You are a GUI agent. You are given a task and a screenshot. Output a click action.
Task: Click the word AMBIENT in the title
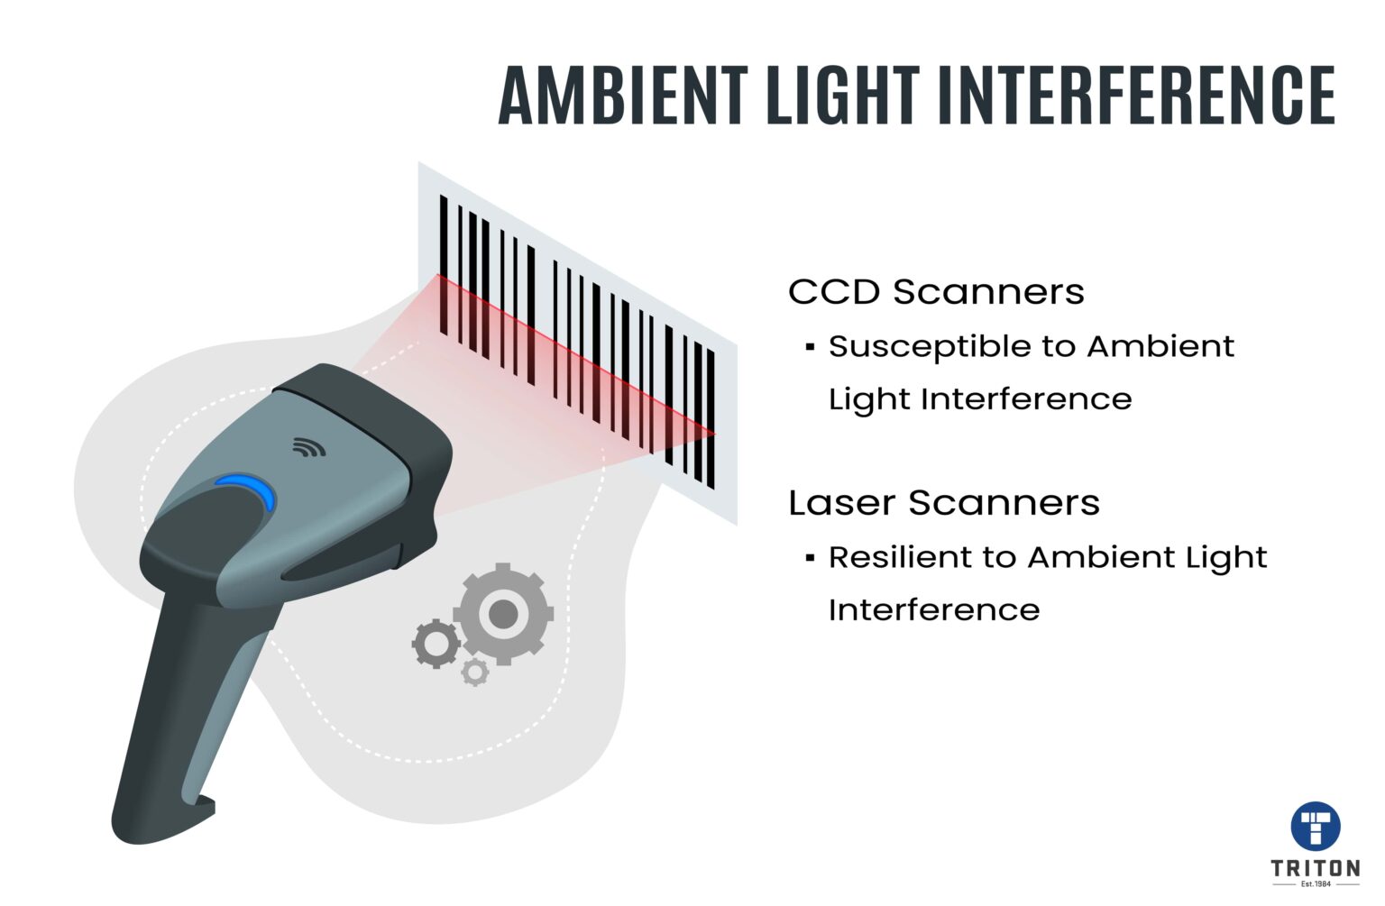pyautogui.click(x=623, y=96)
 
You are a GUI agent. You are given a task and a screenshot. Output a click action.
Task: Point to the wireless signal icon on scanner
pyautogui.click(x=309, y=446)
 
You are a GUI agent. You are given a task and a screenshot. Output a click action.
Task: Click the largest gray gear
pyautogui.click(x=503, y=614)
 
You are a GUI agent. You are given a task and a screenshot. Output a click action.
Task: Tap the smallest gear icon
pyautogui.click(x=474, y=672)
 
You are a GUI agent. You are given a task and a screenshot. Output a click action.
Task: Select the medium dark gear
pyautogui.click(x=436, y=644)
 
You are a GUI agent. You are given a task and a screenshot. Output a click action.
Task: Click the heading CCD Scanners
pyautogui.click(x=936, y=292)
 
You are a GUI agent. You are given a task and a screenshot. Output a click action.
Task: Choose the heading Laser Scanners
pyautogui.click(x=944, y=503)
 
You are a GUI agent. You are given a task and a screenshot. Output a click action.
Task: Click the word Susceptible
pyautogui.click(x=929, y=347)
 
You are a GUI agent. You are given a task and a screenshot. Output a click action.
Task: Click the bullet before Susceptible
pyautogui.click(x=810, y=346)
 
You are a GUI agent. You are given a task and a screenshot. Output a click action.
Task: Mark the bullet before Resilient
pyautogui.click(x=810, y=557)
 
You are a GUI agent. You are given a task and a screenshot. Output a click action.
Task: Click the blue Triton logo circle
pyautogui.click(x=1316, y=826)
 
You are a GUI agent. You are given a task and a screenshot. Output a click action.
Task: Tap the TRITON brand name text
pyautogui.click(x=1316, y=868)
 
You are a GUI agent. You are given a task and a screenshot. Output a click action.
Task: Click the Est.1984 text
pyautogui.click(x=1316, y=883)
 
